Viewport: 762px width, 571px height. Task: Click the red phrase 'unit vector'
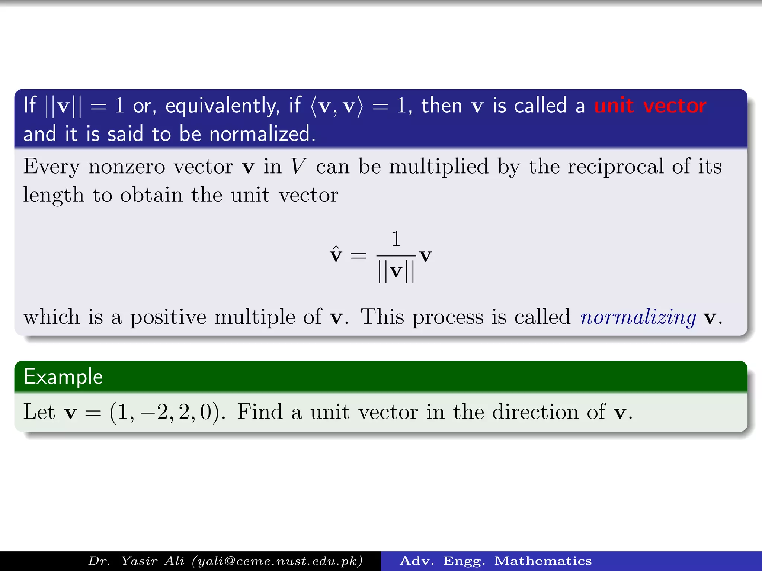pyautogui.click(x=650, y=106)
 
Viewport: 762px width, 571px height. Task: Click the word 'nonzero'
pyautogui.click(x=127, y=167)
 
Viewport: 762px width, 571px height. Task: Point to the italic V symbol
pyautogui.click(x=299, y=166)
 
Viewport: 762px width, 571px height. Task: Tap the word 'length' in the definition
pyautogui.click(x=54, y=195)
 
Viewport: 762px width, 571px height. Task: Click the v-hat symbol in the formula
pyautogui.click(x=336, y=255)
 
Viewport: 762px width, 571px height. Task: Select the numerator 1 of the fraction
pyautogui.click(x=396, y=239)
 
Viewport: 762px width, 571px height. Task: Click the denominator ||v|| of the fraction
pyautogui.click(x=396, y=271)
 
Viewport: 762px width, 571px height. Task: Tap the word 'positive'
pyautogui.click(x=168, y=317)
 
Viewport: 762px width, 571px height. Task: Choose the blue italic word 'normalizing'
pyautogui.click(x=638, y=317)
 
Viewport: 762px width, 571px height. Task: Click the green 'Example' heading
pyautogui.click(x=63, y=377)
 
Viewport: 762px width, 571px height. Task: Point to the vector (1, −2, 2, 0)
pyautogui.click(x=164, y=412)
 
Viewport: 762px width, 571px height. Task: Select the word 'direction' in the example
pyautogui.click(x=535, y=412)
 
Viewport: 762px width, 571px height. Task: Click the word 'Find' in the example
pyautogui.click(x=260, y=412)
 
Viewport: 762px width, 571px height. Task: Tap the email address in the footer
pyautogui.click(x=277, y=561)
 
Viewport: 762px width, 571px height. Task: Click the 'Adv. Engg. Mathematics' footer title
pyautogui.click(x=495, y=561)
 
